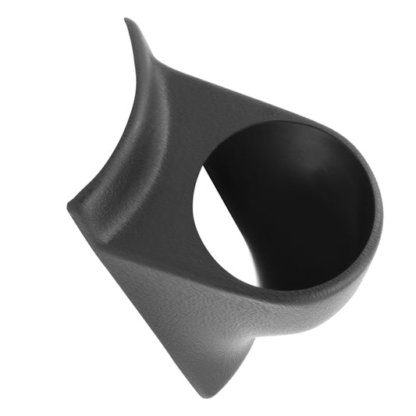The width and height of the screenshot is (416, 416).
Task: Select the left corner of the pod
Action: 69,204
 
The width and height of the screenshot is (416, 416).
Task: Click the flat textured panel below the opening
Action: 195,312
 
